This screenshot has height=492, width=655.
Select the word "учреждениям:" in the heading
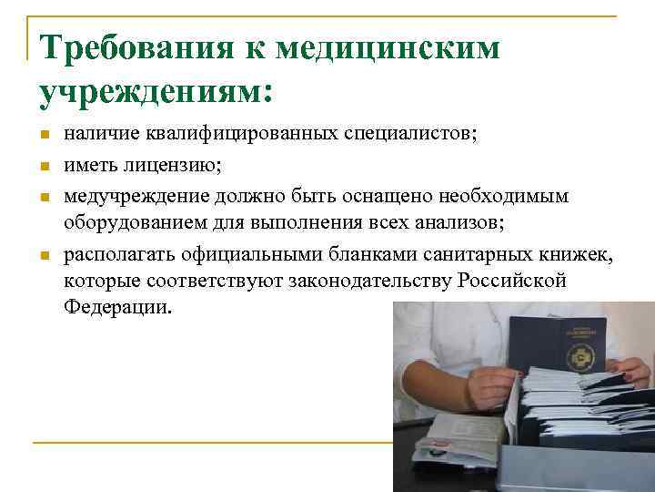click(156, 91)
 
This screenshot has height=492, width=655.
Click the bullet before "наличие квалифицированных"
click(43, 136)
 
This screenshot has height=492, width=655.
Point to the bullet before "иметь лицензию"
click(43, 166)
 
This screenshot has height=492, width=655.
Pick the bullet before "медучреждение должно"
click(43, 196)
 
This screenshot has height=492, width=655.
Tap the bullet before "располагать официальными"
click(43, 256)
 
